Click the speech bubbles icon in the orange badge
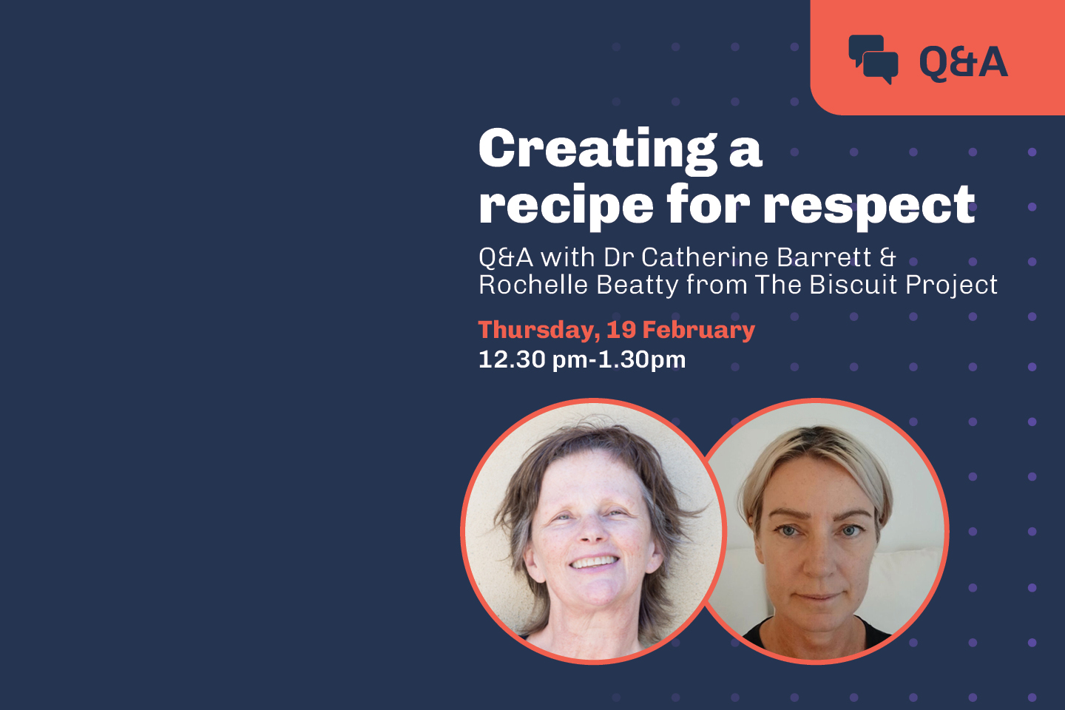(x=873, y=59)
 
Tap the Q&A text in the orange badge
(x=963, y=61)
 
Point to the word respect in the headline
(x=869, y=206)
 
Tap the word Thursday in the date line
(x=538, y=330)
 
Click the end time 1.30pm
(x=641, y=360)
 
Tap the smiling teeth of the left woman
(x=594, y=564)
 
